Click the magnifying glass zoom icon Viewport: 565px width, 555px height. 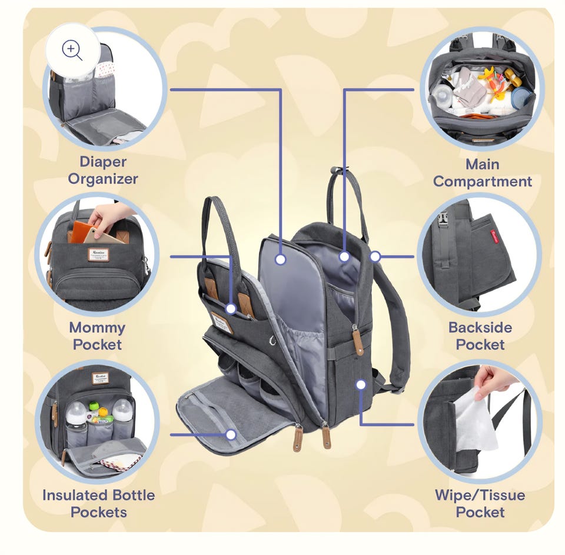click(72, 51)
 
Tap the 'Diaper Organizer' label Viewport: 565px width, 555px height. click(103, 170)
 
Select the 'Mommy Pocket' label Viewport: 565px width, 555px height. click(97, 336)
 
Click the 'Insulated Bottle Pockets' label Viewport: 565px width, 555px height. click(99, 503)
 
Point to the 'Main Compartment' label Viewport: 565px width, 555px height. click(483, 172)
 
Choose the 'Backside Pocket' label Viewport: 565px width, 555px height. click(480, 336)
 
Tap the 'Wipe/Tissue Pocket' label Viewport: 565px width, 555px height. click(480, 503)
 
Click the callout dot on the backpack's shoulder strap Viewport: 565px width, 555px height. click(375, 257)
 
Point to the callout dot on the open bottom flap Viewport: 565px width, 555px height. click(231, 434)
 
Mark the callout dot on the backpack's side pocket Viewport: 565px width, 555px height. click(361, 384)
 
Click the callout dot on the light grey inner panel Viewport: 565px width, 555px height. click(280, 259)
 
